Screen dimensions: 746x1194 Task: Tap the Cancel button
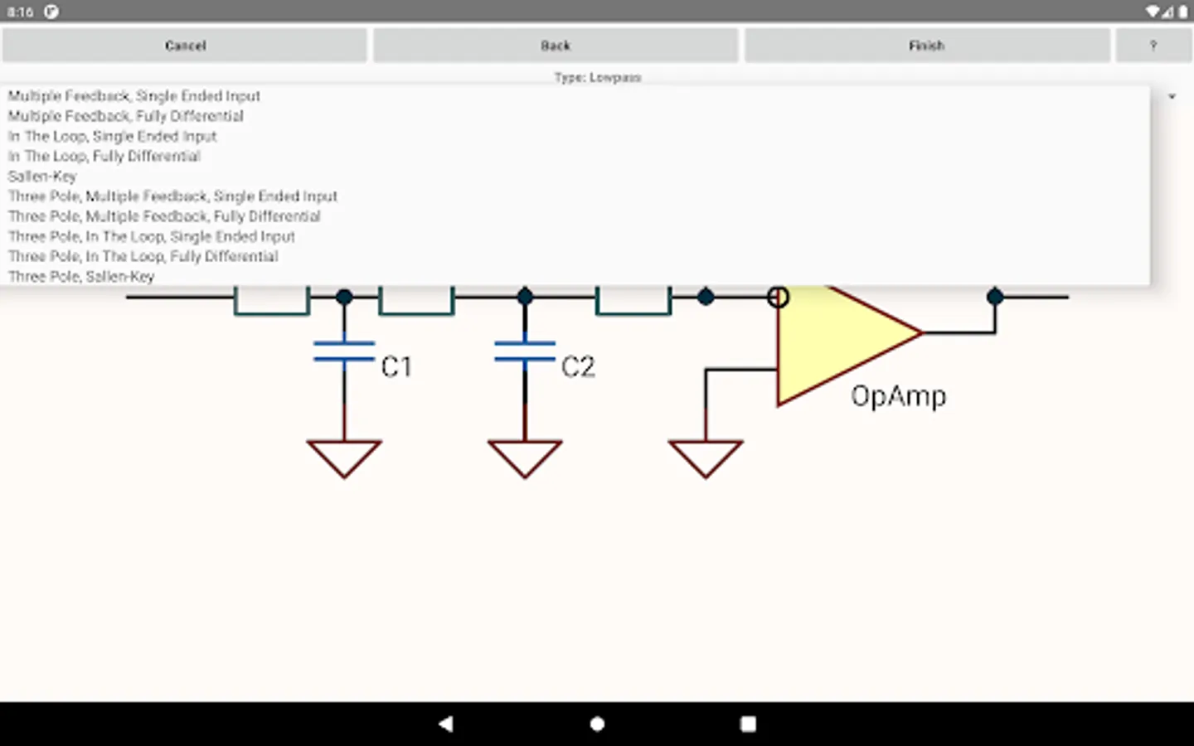coord(185,46)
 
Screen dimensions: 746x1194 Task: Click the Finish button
coord(926,46)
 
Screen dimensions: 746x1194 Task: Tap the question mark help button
coord(1153,46)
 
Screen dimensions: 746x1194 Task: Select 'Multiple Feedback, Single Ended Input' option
coord(133,96)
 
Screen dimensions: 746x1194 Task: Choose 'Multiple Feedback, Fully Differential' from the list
coord(125,116)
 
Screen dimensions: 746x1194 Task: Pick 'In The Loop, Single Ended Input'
coord(112,136)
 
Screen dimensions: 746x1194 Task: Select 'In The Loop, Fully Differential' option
coord(104,156)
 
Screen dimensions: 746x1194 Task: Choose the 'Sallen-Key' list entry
coord(42,177)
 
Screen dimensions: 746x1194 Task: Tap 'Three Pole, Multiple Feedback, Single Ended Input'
coord(172,196)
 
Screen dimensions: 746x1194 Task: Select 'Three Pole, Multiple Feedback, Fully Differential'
coord(164,216)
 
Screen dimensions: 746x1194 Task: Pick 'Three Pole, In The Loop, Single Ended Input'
coord(151,236)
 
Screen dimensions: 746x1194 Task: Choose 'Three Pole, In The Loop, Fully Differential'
coord(143,256)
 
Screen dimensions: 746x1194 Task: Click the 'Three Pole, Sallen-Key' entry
coord(81,276)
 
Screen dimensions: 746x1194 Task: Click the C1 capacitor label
coord(396,366)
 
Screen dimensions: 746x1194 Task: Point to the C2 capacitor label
coord(578,366)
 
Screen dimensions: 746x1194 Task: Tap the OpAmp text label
coord(898,396)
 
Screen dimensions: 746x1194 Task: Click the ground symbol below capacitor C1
coord(344,457)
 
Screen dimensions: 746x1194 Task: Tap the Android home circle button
coord(597,724)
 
